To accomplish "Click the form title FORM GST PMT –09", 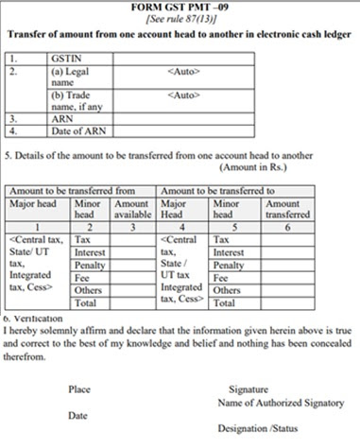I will pos(180,7).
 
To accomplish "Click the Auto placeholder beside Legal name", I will pos(183,70).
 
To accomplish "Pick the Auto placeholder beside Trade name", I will pos(183,95).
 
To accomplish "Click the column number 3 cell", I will pos(136,228).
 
